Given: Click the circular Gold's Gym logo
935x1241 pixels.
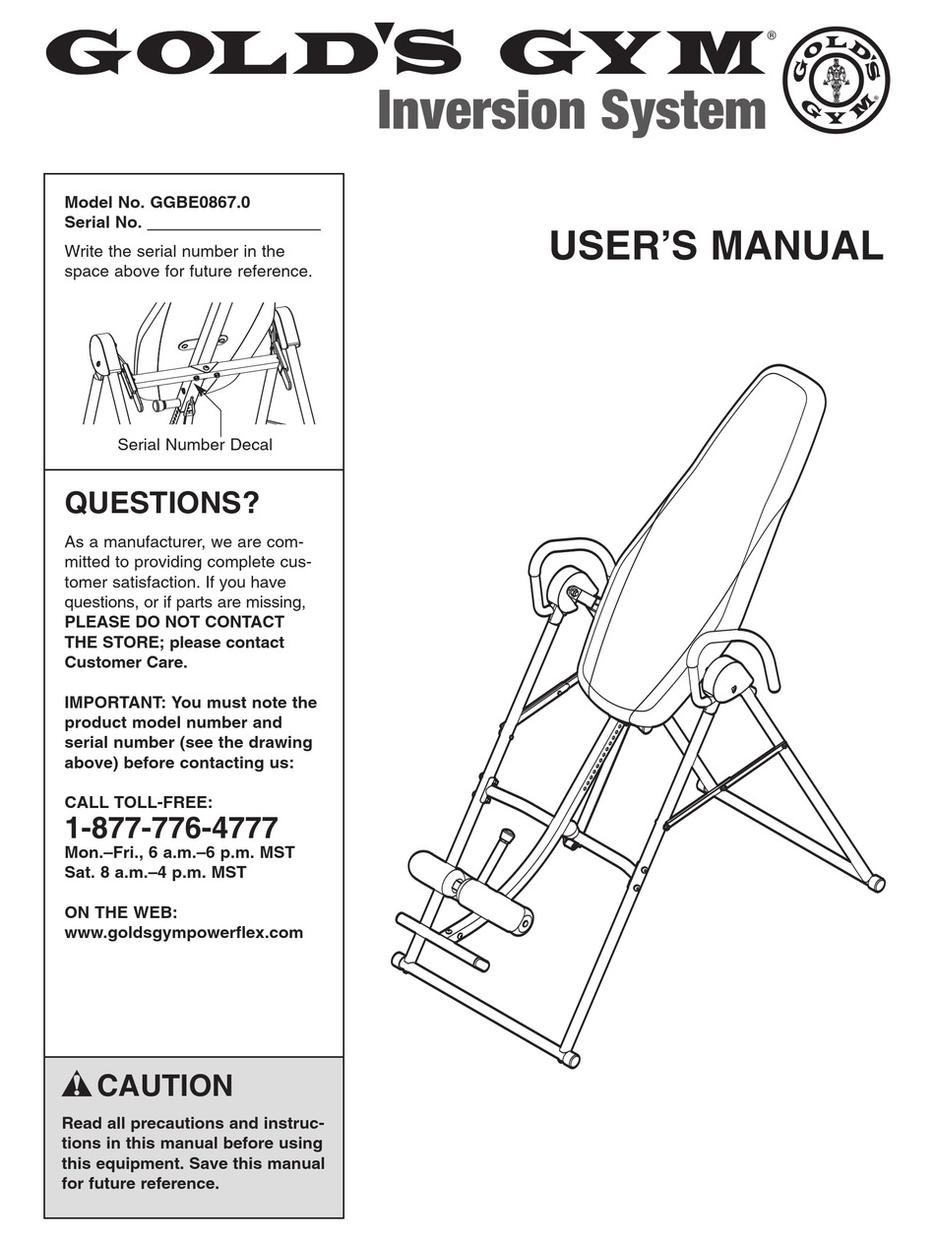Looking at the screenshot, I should [835, 81].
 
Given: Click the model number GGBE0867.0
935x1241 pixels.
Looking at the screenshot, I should [200, 203].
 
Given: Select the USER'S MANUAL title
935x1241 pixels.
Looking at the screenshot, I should [716, 246].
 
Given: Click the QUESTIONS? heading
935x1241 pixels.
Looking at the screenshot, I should [161, 504].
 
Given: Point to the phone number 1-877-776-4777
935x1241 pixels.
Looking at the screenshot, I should [171, 827].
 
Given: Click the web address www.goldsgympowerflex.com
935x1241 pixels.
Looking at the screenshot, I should [183, 932].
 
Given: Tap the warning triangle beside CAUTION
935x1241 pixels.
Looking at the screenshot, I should [76, 1086].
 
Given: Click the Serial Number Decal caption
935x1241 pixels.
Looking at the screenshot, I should [195, 445].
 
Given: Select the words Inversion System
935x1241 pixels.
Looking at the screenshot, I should [572, 111].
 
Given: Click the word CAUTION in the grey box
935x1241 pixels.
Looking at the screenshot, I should [165, 1086].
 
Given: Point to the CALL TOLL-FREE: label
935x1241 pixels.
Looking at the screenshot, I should [138, 802].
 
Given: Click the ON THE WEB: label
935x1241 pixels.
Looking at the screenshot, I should [120, 912].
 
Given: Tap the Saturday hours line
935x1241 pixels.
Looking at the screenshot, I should [156, 872].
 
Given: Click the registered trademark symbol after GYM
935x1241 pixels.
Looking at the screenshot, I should [771, 35].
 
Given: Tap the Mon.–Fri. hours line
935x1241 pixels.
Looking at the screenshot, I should [179, 852].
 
